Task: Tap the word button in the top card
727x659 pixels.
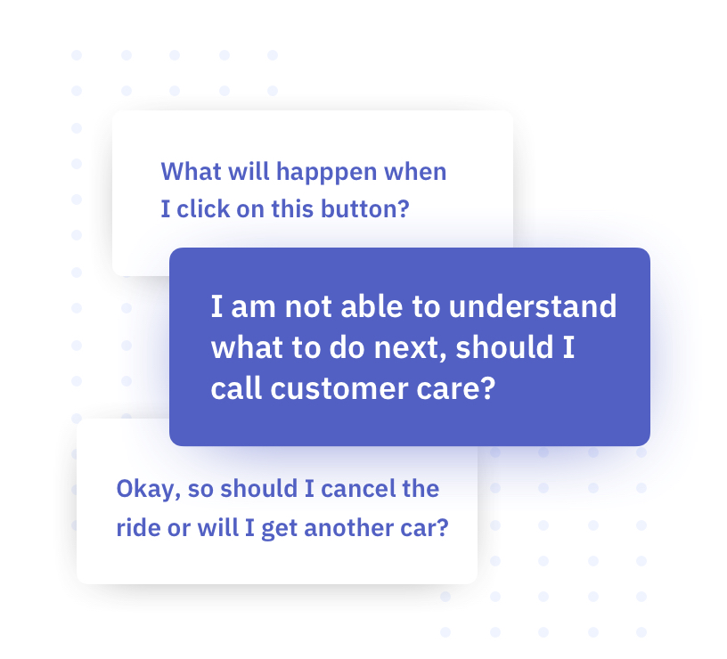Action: coord(360,208)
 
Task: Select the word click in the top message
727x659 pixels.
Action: coord(203,208)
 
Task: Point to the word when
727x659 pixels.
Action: coord(415,172)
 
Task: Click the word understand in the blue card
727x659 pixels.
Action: coord(533,306)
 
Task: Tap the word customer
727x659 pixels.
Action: coord(339,389)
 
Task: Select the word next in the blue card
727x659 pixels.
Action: coord(408,347)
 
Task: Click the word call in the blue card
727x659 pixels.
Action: coord(237,388)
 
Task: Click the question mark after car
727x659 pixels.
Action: coord(443,527)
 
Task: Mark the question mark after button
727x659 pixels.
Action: coord(404,208)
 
